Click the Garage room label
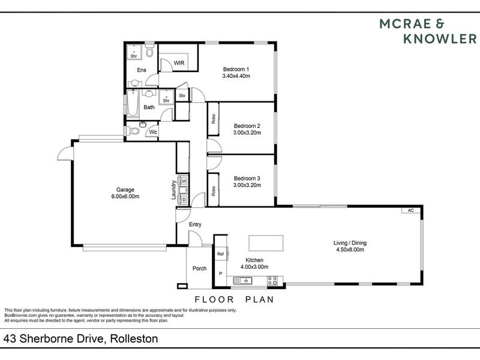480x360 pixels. [125, 190]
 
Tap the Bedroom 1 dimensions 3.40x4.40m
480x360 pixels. [236, 76]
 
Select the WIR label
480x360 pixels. [179, 63]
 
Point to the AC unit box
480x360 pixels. [411, 211]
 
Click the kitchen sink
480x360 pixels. [242, 280]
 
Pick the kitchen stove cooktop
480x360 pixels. [272, 280]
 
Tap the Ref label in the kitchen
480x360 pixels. [220, 254]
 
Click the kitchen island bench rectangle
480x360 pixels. [266, 243]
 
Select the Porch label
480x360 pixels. [199, 268]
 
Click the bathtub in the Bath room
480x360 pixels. [133, 103]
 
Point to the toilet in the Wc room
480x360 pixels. [132, 131]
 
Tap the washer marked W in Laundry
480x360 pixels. [184, 181]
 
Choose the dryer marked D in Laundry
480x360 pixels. [184, 200]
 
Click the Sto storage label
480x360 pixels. [182, 95]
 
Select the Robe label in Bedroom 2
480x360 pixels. [214, 119]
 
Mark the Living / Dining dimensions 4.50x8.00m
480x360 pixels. [350, 250]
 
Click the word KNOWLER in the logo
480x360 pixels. [440, 39]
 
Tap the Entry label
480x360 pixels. [195, 224]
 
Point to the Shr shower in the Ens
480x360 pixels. [134, 52]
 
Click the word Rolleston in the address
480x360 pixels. [134, 338]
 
